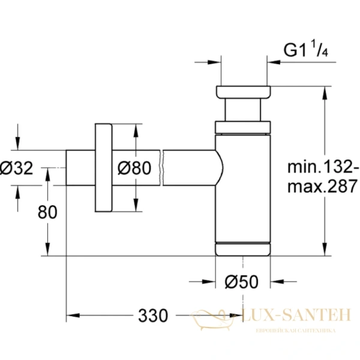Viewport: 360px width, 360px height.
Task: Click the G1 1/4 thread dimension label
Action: [x=307, y=52]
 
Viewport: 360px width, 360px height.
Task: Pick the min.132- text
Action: [x=322, y=166]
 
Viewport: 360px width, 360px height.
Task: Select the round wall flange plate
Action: [x=103, y=168]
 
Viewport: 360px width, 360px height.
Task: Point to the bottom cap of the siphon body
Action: [x=243, y=248]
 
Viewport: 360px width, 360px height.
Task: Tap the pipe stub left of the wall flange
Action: [x=80, y=169]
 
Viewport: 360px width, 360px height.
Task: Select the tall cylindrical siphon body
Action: [x=243, y=186]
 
